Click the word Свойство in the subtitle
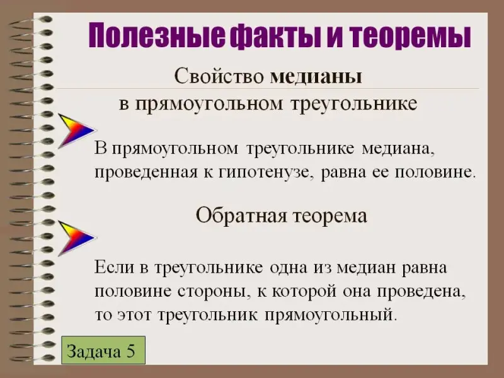point(219,76)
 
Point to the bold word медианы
point(316,77)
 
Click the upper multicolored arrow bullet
point(76,131)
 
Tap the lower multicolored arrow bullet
point(76,238)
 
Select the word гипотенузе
point(266,173)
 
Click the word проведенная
point(146,173)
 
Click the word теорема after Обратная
point(329,216)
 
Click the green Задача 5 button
point(103,350)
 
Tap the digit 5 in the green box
point(130,351)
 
